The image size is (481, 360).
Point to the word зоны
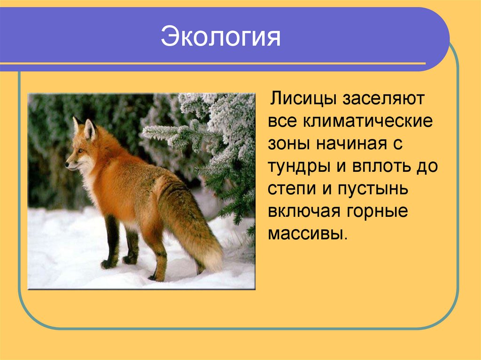coord(287,144)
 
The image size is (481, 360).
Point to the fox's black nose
coord(67,165)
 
